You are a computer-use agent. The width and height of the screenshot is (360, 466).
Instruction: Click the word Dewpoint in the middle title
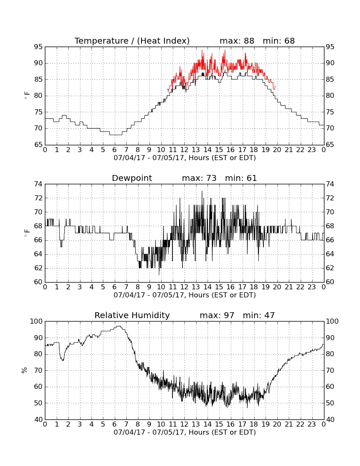coord(132,178)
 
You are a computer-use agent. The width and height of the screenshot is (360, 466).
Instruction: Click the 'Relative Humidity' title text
coord(132,315)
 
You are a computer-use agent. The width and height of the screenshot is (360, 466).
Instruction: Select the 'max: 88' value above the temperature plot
coord(237,41)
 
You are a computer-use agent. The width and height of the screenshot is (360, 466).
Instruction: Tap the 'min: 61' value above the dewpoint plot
coord(241,178)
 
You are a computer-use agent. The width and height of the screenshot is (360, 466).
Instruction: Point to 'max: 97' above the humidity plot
coord(217,315)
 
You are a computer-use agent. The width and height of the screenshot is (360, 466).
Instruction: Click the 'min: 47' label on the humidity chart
coord(259,315)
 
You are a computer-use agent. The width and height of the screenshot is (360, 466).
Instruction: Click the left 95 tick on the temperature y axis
coord(39,47)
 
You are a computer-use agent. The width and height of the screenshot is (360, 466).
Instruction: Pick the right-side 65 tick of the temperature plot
coord(330,145)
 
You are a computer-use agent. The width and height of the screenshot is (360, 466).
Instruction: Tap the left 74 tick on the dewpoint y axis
coord(39,184)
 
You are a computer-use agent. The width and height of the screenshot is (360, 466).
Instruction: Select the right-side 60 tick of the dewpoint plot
coord(330,282)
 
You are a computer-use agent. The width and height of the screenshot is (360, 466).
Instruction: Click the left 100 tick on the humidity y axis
coord(36,321)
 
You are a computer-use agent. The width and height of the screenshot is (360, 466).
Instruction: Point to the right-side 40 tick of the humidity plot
coord(330,419)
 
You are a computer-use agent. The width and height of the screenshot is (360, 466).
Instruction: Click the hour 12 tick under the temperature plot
coord(184,150)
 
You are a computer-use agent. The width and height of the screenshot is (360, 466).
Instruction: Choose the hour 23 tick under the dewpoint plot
coord(312,287)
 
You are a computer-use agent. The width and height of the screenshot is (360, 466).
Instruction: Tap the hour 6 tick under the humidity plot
coord(115,424)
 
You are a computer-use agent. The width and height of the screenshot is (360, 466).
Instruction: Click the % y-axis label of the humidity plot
coord(25,370)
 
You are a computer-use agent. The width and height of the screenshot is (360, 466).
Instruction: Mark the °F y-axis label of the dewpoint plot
coord(27,233)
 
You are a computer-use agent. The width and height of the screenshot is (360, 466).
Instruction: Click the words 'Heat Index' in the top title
coord(163,41)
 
